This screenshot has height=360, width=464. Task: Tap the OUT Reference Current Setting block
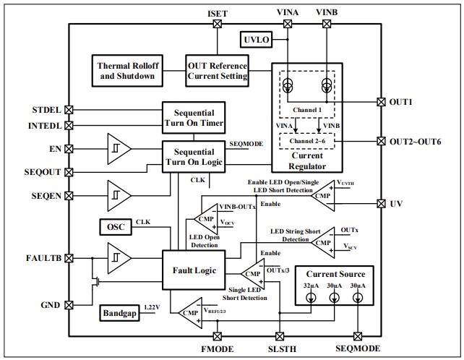pos(218,69)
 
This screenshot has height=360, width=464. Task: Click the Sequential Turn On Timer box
pos(194,119)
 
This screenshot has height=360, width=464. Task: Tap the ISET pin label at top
pos(218,13)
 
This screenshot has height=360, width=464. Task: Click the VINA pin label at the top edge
pos(288,13)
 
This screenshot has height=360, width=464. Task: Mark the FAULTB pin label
pos(43,255)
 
